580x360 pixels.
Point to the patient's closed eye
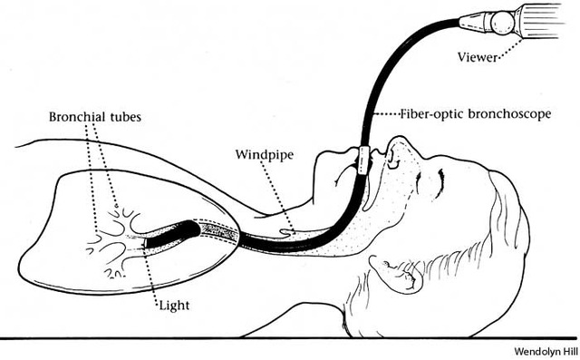439,181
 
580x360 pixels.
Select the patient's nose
397,145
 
